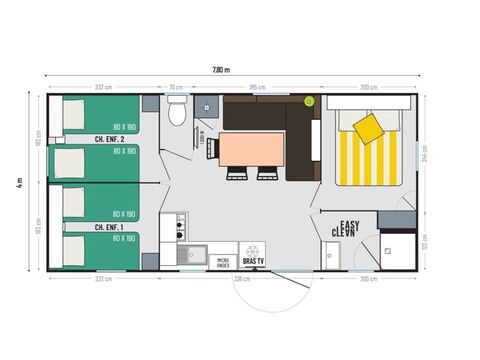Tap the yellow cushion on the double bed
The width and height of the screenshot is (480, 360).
[x=366, y=126]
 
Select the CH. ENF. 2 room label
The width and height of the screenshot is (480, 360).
[x=109, y=138]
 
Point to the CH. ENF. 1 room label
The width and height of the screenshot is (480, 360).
[x=109, y=227]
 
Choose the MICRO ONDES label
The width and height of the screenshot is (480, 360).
[x=225, y=263]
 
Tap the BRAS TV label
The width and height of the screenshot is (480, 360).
[x=252, y=263]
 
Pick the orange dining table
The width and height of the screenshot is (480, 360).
[x=251, y=149]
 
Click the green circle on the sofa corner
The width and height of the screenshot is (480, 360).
[x=309, y=101]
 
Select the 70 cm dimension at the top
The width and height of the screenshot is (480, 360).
[x=176, y=87]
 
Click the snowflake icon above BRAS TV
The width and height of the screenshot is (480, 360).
[x=252, y=249]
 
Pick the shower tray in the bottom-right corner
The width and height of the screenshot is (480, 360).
[x=398, y=250]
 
